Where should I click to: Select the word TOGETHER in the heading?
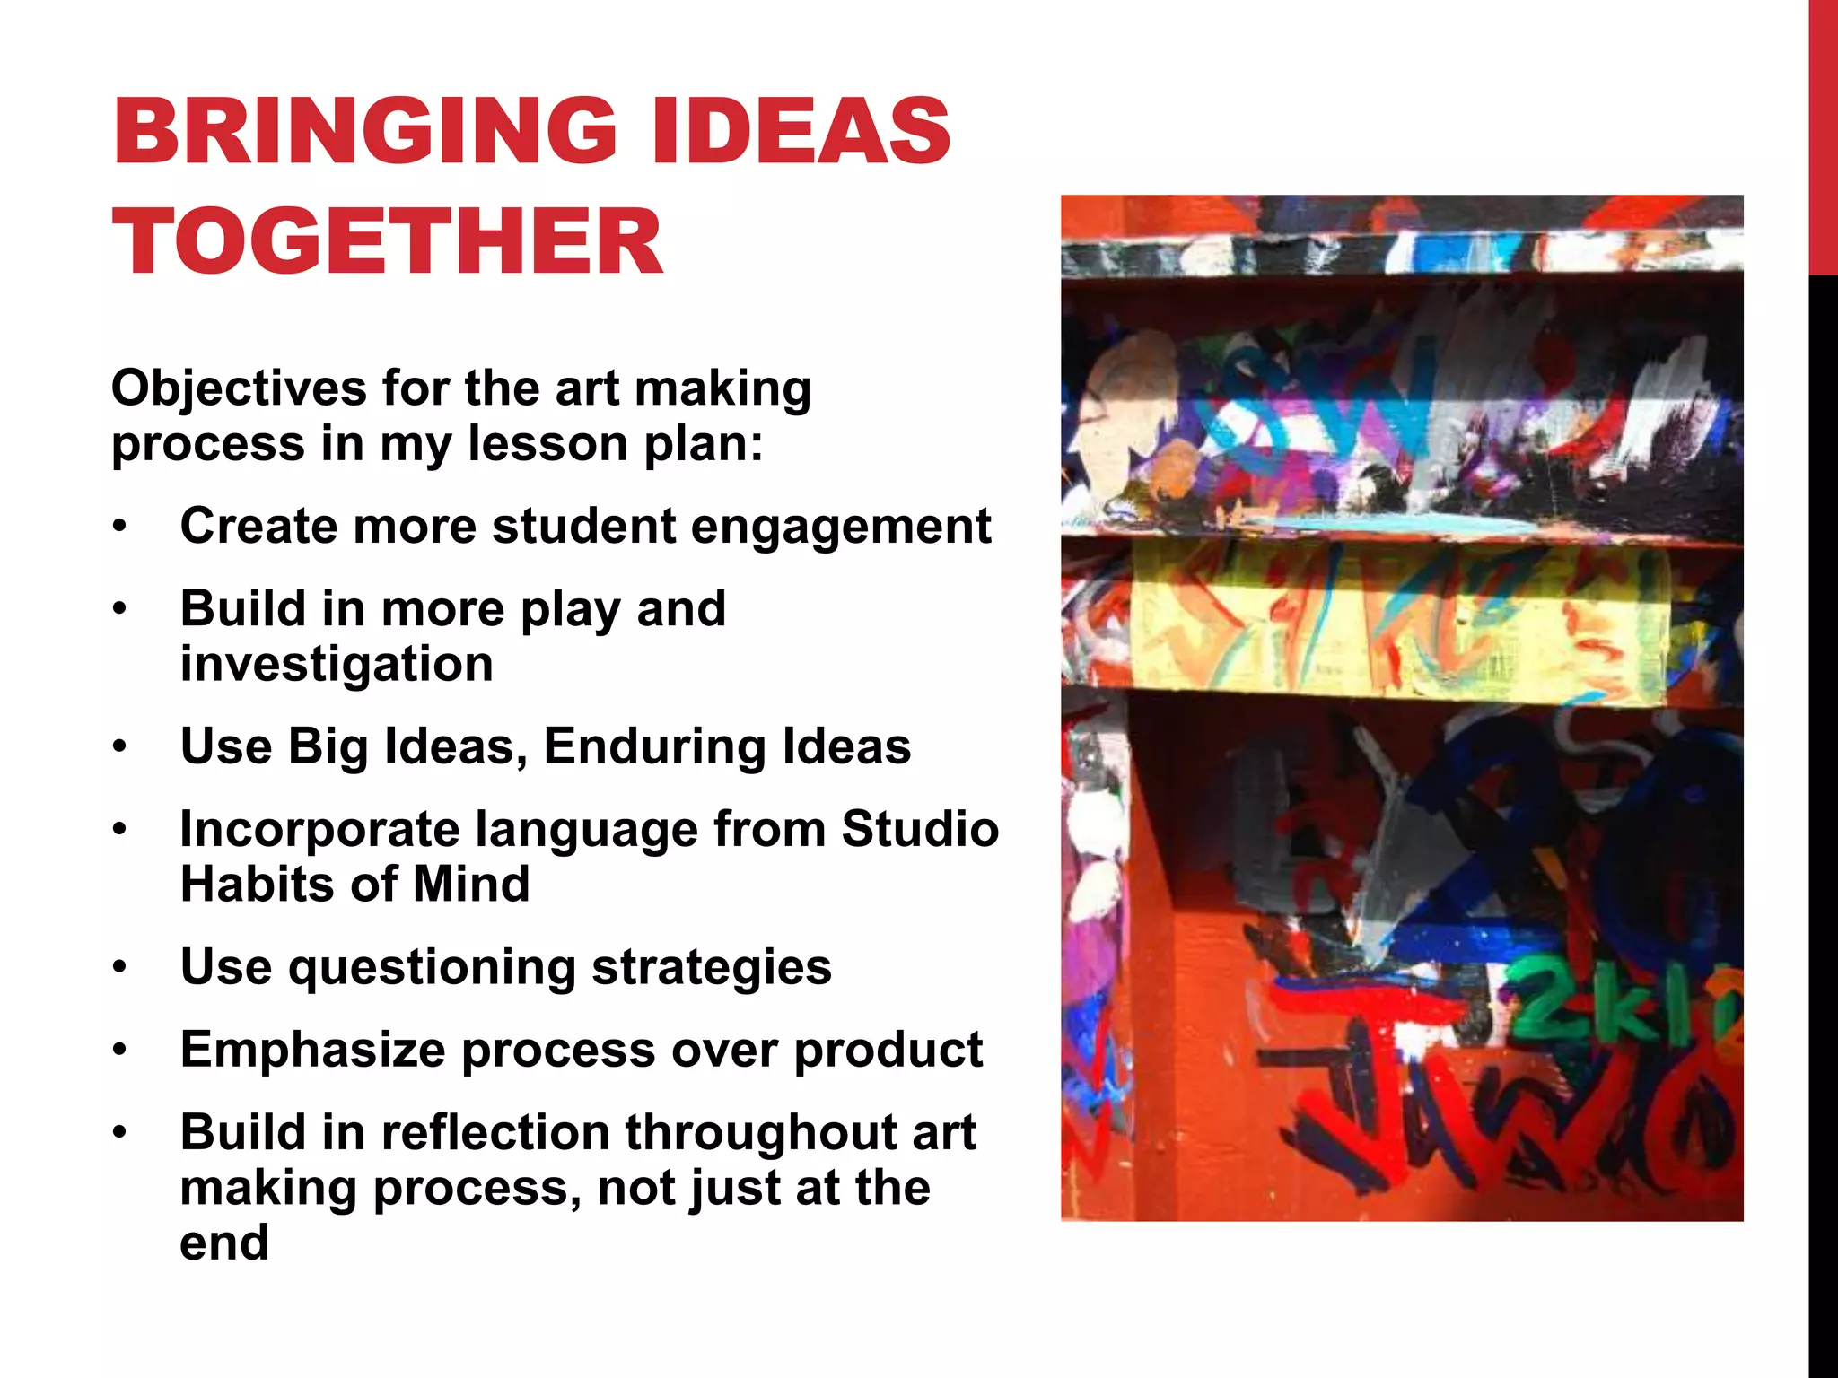[388, 241]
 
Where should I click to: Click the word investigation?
[337, 664]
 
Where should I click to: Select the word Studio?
[919, 829]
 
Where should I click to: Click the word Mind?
[471, 885]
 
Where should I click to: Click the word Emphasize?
[312, 1050]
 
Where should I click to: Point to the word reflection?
[495, 1132]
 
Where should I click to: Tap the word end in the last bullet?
[224, 1243]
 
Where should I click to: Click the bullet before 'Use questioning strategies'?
[120, 968]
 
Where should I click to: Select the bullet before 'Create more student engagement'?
[120, 527]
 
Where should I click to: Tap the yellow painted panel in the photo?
[1400, 619]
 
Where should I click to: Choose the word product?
[888, 1050]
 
